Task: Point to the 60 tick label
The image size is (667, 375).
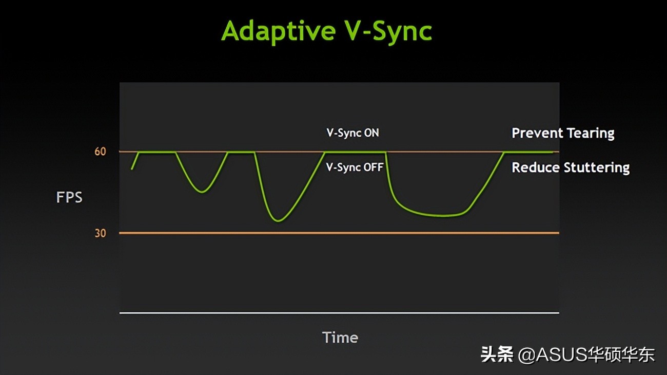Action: click(100, 152)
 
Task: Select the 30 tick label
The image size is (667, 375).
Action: click(100, 233)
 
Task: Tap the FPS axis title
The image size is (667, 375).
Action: click(69, 197)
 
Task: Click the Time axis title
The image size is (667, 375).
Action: click(340, 338)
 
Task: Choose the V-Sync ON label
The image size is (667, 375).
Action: click(352, 133)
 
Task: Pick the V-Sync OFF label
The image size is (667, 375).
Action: click(355, 167)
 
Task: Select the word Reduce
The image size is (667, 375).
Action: click(535, 167)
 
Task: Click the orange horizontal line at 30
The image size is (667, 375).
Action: click(339, 233)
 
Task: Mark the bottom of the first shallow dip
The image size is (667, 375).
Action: click(202, 192)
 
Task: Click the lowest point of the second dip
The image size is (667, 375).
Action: click(278, 221)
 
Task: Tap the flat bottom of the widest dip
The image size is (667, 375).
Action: click(444, 215)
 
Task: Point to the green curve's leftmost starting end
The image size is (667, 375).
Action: click(132, 169)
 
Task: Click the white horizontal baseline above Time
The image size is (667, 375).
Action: click(339, 313)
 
